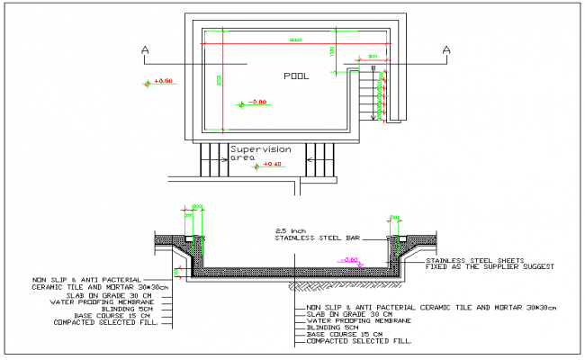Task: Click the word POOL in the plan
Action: (295, 76)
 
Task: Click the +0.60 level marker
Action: (163, 82)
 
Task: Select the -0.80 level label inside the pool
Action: (258, 103)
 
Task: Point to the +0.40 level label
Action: (272, 164)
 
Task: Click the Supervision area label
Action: (260, 152)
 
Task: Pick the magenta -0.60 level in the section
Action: (351, 259)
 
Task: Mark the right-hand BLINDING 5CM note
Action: (333, 328)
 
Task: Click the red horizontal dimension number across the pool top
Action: (295, 40)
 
